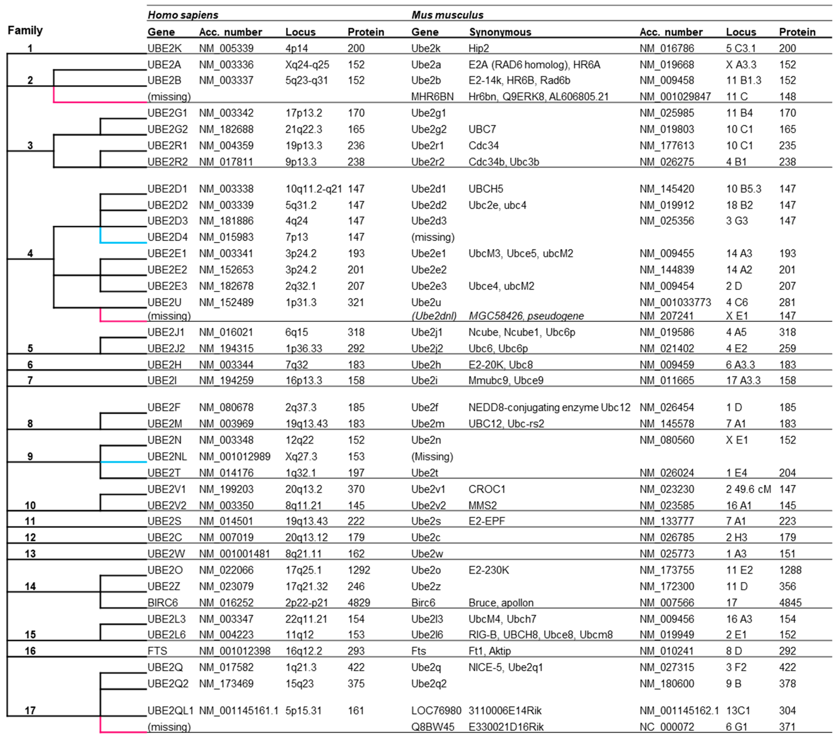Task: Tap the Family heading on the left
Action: click(25, 30)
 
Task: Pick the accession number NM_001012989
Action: click(234, 457)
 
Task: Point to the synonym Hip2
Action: click(479, 48)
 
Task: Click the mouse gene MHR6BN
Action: click(432, 97)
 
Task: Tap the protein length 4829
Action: click(359, 603)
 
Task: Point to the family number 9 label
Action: click(30, 457)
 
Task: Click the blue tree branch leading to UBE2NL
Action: click(123, 462)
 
